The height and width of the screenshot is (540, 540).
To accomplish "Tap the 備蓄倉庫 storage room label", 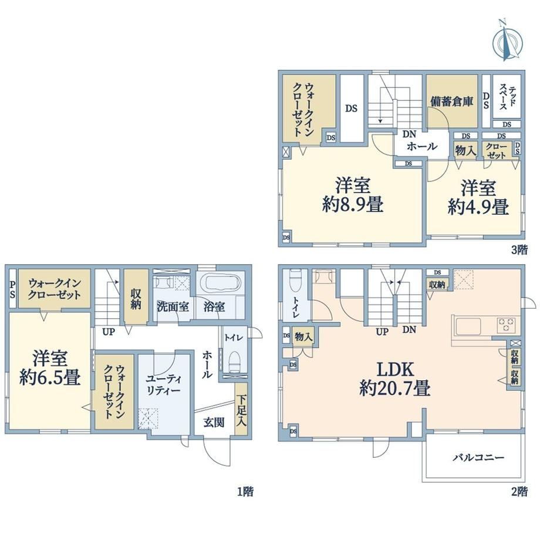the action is point(451,102).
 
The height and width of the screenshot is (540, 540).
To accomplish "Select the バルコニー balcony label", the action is point(478,457).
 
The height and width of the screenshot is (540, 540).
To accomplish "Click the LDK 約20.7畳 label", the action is point(394,379).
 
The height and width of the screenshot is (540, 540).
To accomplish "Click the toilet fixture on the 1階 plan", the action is point(234,362).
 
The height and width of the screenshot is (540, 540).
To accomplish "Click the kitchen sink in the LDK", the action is point(468,326).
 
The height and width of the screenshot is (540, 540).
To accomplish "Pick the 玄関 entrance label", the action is point(214,422).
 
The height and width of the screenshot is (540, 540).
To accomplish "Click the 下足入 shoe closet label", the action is point(241,410).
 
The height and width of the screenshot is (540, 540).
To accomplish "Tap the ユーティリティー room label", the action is point(163,384).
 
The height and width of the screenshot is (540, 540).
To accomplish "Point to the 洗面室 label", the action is point(173,306).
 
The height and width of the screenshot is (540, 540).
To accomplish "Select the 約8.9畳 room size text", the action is point(353,205).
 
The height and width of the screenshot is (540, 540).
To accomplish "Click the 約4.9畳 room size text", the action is point(478,207).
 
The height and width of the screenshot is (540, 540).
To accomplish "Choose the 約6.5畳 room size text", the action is point(50,377).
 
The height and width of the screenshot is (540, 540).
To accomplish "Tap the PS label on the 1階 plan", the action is point(12,289).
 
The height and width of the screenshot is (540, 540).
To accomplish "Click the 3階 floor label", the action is point(519,250).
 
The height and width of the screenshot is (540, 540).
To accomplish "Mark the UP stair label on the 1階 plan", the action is point(109,332).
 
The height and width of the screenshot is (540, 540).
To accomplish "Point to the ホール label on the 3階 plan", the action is point(422,147).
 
